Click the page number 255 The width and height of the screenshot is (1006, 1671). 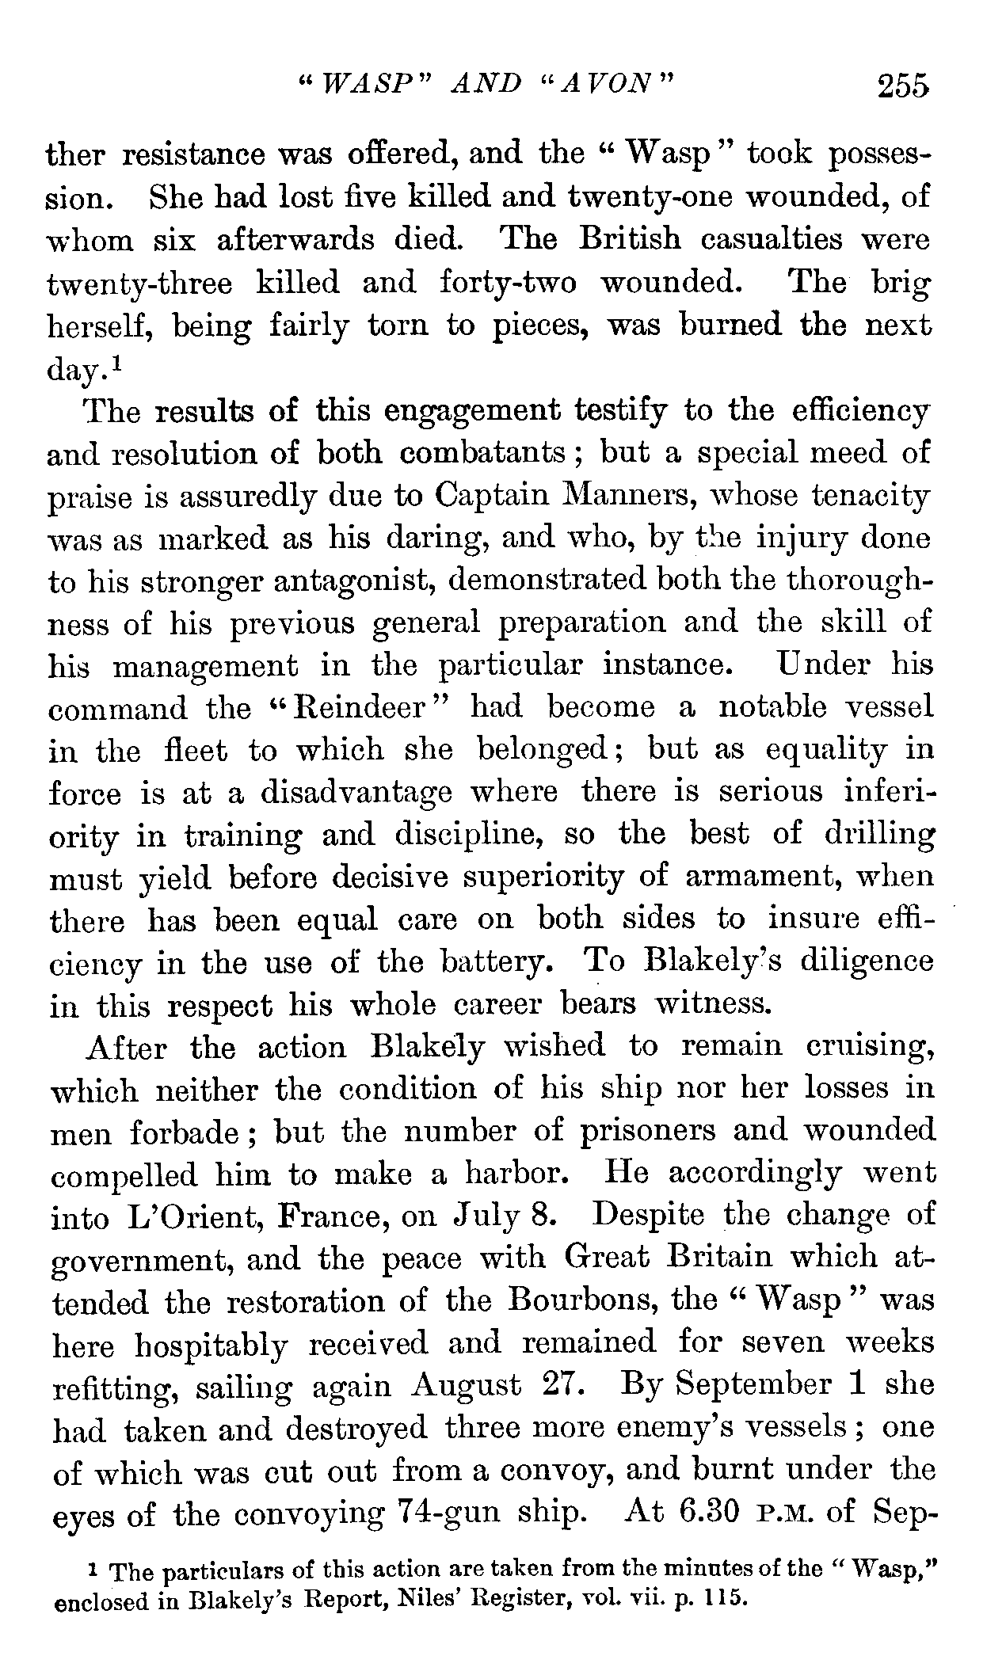click(901, 86)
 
